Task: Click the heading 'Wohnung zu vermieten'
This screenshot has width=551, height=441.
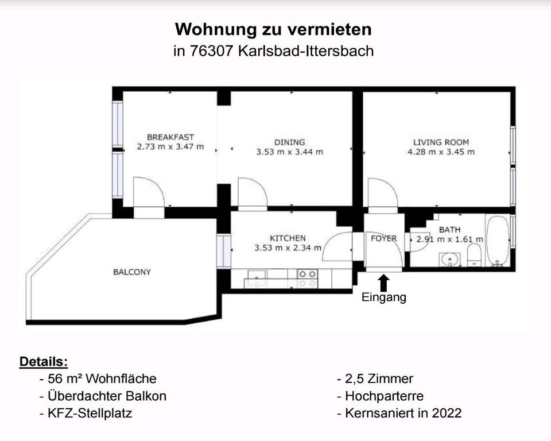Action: tap(273, 29)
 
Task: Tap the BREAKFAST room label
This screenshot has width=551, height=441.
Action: tap(170, 137)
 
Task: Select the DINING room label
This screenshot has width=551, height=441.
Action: tap(289, 142)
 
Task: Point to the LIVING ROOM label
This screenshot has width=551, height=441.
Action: tap(441, 142)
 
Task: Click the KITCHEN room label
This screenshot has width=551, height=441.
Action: tap(288, 238)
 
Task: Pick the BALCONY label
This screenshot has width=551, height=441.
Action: tap(132, 272)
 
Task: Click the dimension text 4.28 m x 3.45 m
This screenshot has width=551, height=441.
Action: tap(441, 152)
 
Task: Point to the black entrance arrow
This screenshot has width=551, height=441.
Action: tap(384, 282)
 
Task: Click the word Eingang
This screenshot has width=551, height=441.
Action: tap(384, 297)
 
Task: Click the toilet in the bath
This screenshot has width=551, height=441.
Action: tap(475, 255)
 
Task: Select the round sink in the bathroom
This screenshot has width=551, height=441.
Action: tap(451, 260)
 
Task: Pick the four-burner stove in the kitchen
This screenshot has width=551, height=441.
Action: tap(307, 278)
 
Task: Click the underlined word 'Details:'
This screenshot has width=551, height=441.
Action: tap(44, 362)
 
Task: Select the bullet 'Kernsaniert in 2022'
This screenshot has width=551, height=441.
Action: tap(403, 413)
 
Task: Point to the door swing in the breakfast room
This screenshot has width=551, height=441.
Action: tap(147, 192)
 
